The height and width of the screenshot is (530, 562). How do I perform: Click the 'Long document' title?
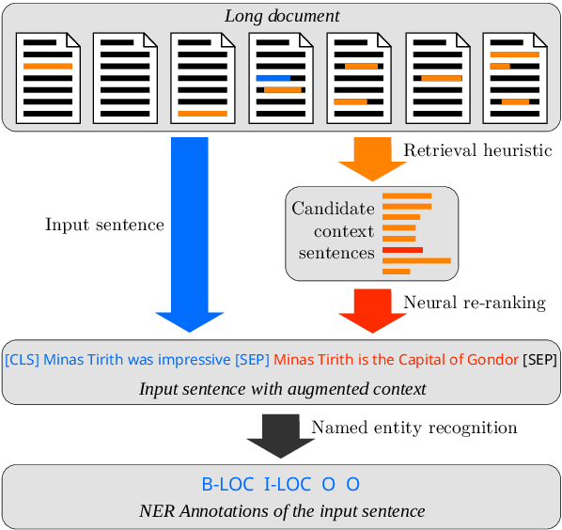point(281,16)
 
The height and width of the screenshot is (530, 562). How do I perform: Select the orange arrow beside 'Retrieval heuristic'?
point(371,158)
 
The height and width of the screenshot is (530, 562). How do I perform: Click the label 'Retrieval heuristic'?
point(477,150)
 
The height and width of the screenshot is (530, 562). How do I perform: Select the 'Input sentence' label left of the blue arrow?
point(104,225)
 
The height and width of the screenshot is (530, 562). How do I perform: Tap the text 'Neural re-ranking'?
point(474,303)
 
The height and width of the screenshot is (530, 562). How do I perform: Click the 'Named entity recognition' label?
point(414,428)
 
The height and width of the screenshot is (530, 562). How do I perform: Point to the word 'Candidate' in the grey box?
point(333,209)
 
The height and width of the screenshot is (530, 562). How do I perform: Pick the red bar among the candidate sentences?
point(402,250)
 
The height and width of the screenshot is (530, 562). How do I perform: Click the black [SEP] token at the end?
point(539,360)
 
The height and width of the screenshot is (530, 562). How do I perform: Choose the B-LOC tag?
point(228,485)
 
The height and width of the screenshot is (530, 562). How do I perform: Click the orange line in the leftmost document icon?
point(47,67)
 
